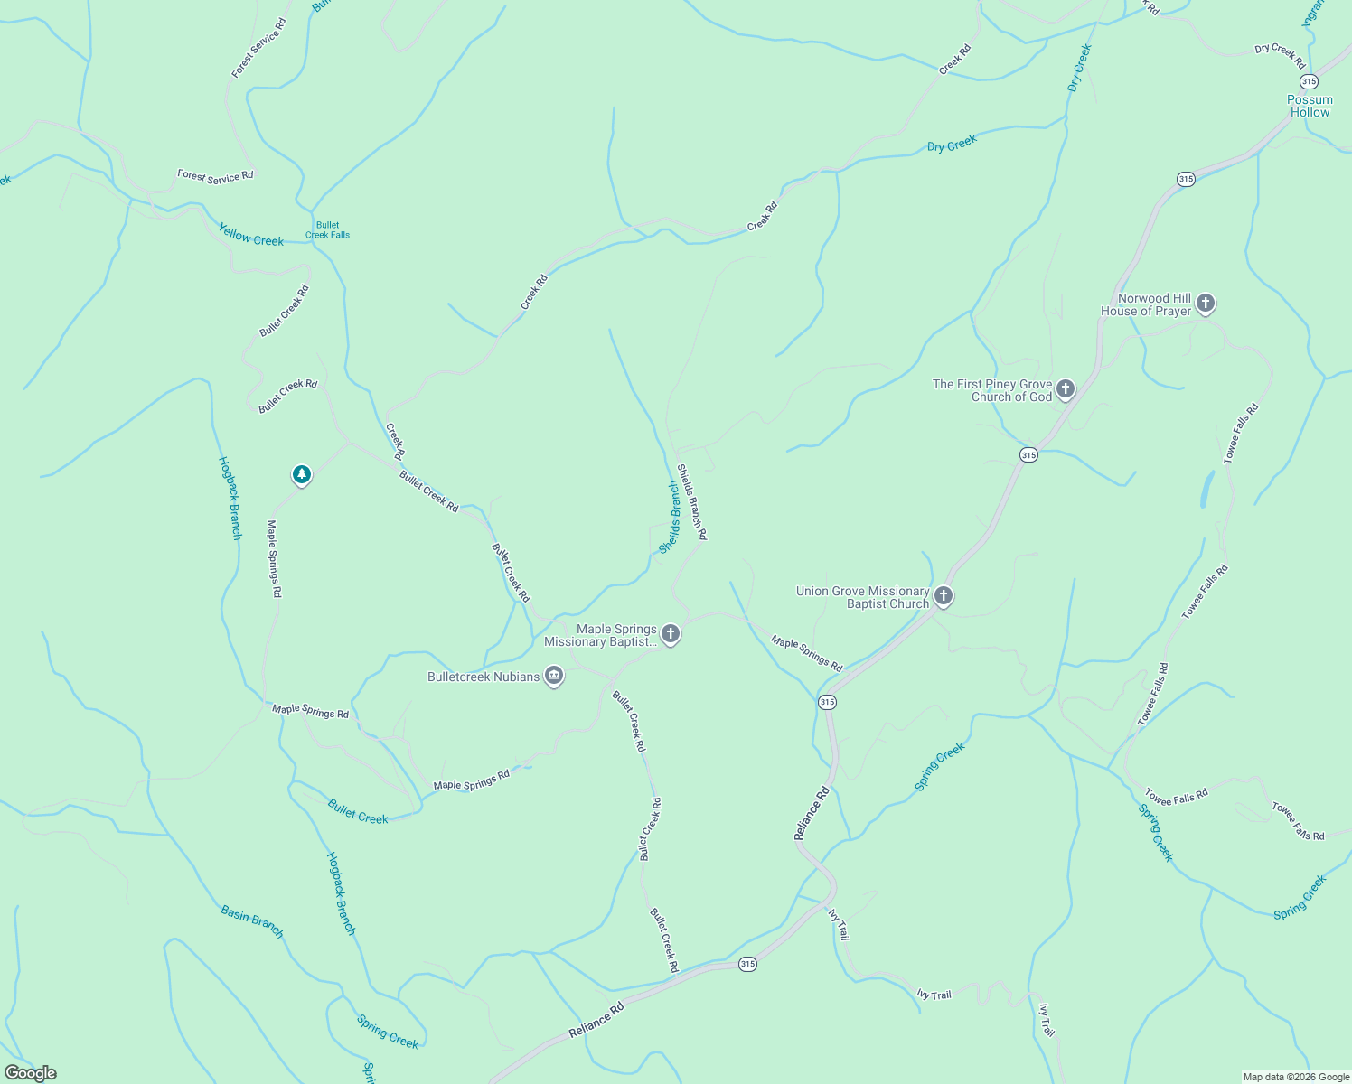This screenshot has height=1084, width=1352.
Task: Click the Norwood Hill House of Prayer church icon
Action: tap(1206, 304)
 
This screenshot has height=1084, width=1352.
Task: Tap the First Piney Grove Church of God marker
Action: tap(1066, 389)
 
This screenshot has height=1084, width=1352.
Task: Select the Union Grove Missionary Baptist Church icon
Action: tap(943, 596)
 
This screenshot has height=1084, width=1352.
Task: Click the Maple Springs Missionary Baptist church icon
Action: tap(671, 634)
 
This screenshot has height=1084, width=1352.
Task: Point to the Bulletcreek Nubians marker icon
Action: tap(554, 676)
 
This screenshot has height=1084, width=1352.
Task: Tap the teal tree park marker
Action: tap(302, 474)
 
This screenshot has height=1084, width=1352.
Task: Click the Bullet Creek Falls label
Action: tap(327, 230)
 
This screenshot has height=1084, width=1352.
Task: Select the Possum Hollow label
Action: tap(1310, 106)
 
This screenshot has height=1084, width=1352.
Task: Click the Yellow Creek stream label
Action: tap(251, 235)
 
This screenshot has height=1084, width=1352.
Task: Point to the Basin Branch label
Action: tap(252, 920)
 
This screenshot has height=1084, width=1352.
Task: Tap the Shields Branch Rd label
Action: tap(692, 502)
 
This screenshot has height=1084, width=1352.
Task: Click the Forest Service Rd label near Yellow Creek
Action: tap(215, 177)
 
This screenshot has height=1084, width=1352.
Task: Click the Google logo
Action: tap(31, 1073)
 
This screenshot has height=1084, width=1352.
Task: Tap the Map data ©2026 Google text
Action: tap(1295, 1077)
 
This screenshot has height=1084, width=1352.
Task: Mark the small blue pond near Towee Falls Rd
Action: tap(1207, 489)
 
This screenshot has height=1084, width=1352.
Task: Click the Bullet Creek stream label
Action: tap(358, 811)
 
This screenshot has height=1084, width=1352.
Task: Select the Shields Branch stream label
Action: tap(670, 518)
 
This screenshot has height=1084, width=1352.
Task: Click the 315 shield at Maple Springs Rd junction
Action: tap(827, 702)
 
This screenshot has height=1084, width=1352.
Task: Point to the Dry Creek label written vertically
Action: tap(1079, 68)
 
